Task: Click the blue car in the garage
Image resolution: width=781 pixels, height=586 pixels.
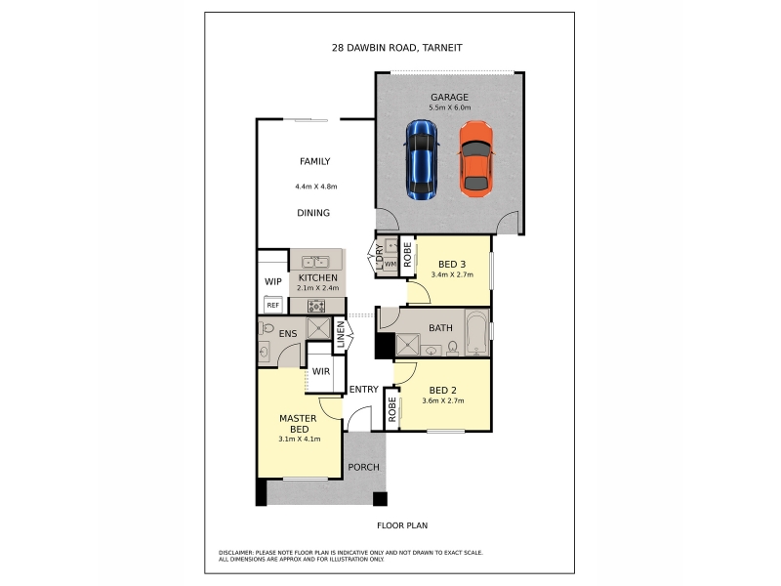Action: pyautogui.click(x=422, y=159)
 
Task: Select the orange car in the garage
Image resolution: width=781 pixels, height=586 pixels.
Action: pyautogui.click(x=476, y=159)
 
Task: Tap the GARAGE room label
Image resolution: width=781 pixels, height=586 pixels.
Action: pyautogui.click(x=449, y=97)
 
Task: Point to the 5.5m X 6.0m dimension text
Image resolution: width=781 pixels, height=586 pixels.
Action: pyautogui.click(x=450, y=107)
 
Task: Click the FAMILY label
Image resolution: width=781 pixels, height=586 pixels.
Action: pyautogui.click(x=314, y=161)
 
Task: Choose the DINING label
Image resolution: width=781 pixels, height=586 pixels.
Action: pyautogui.click(x=313, y=213)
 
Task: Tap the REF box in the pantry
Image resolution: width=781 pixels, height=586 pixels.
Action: pyautogui.click(x=273, y=305)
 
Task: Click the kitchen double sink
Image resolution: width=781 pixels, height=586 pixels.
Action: pyautogui.click(x=315, y=262)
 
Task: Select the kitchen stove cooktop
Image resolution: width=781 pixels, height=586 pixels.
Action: pyautogui.click(x=316, y=306)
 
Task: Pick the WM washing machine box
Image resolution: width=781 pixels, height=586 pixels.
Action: pyautogui.click(x=390, y=264)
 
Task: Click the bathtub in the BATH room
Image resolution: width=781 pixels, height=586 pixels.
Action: pyautogui.click(x=477, y=332)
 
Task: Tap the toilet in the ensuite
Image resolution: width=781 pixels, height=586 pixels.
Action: pyautogui.click(x=267, y=328)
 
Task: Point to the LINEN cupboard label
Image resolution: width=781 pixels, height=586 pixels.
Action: pyautogui.click(x=341, y=334)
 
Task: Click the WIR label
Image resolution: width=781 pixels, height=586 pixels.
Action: pyautogui.click(x=321, y=371)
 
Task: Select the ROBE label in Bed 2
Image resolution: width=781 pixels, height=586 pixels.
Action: pyautogui.click(x=392, y=409)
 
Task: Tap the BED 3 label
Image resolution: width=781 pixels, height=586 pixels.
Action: pyautogui.click(x=452, y=264)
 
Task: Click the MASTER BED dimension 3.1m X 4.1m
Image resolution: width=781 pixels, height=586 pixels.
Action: pyautogui.click(x=300, y=439)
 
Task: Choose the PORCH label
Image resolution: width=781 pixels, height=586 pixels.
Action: pyautogui.click(x=363, y=467)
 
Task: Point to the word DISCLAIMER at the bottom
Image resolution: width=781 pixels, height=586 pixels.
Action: pyautogui.click(x=235, y=553)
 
